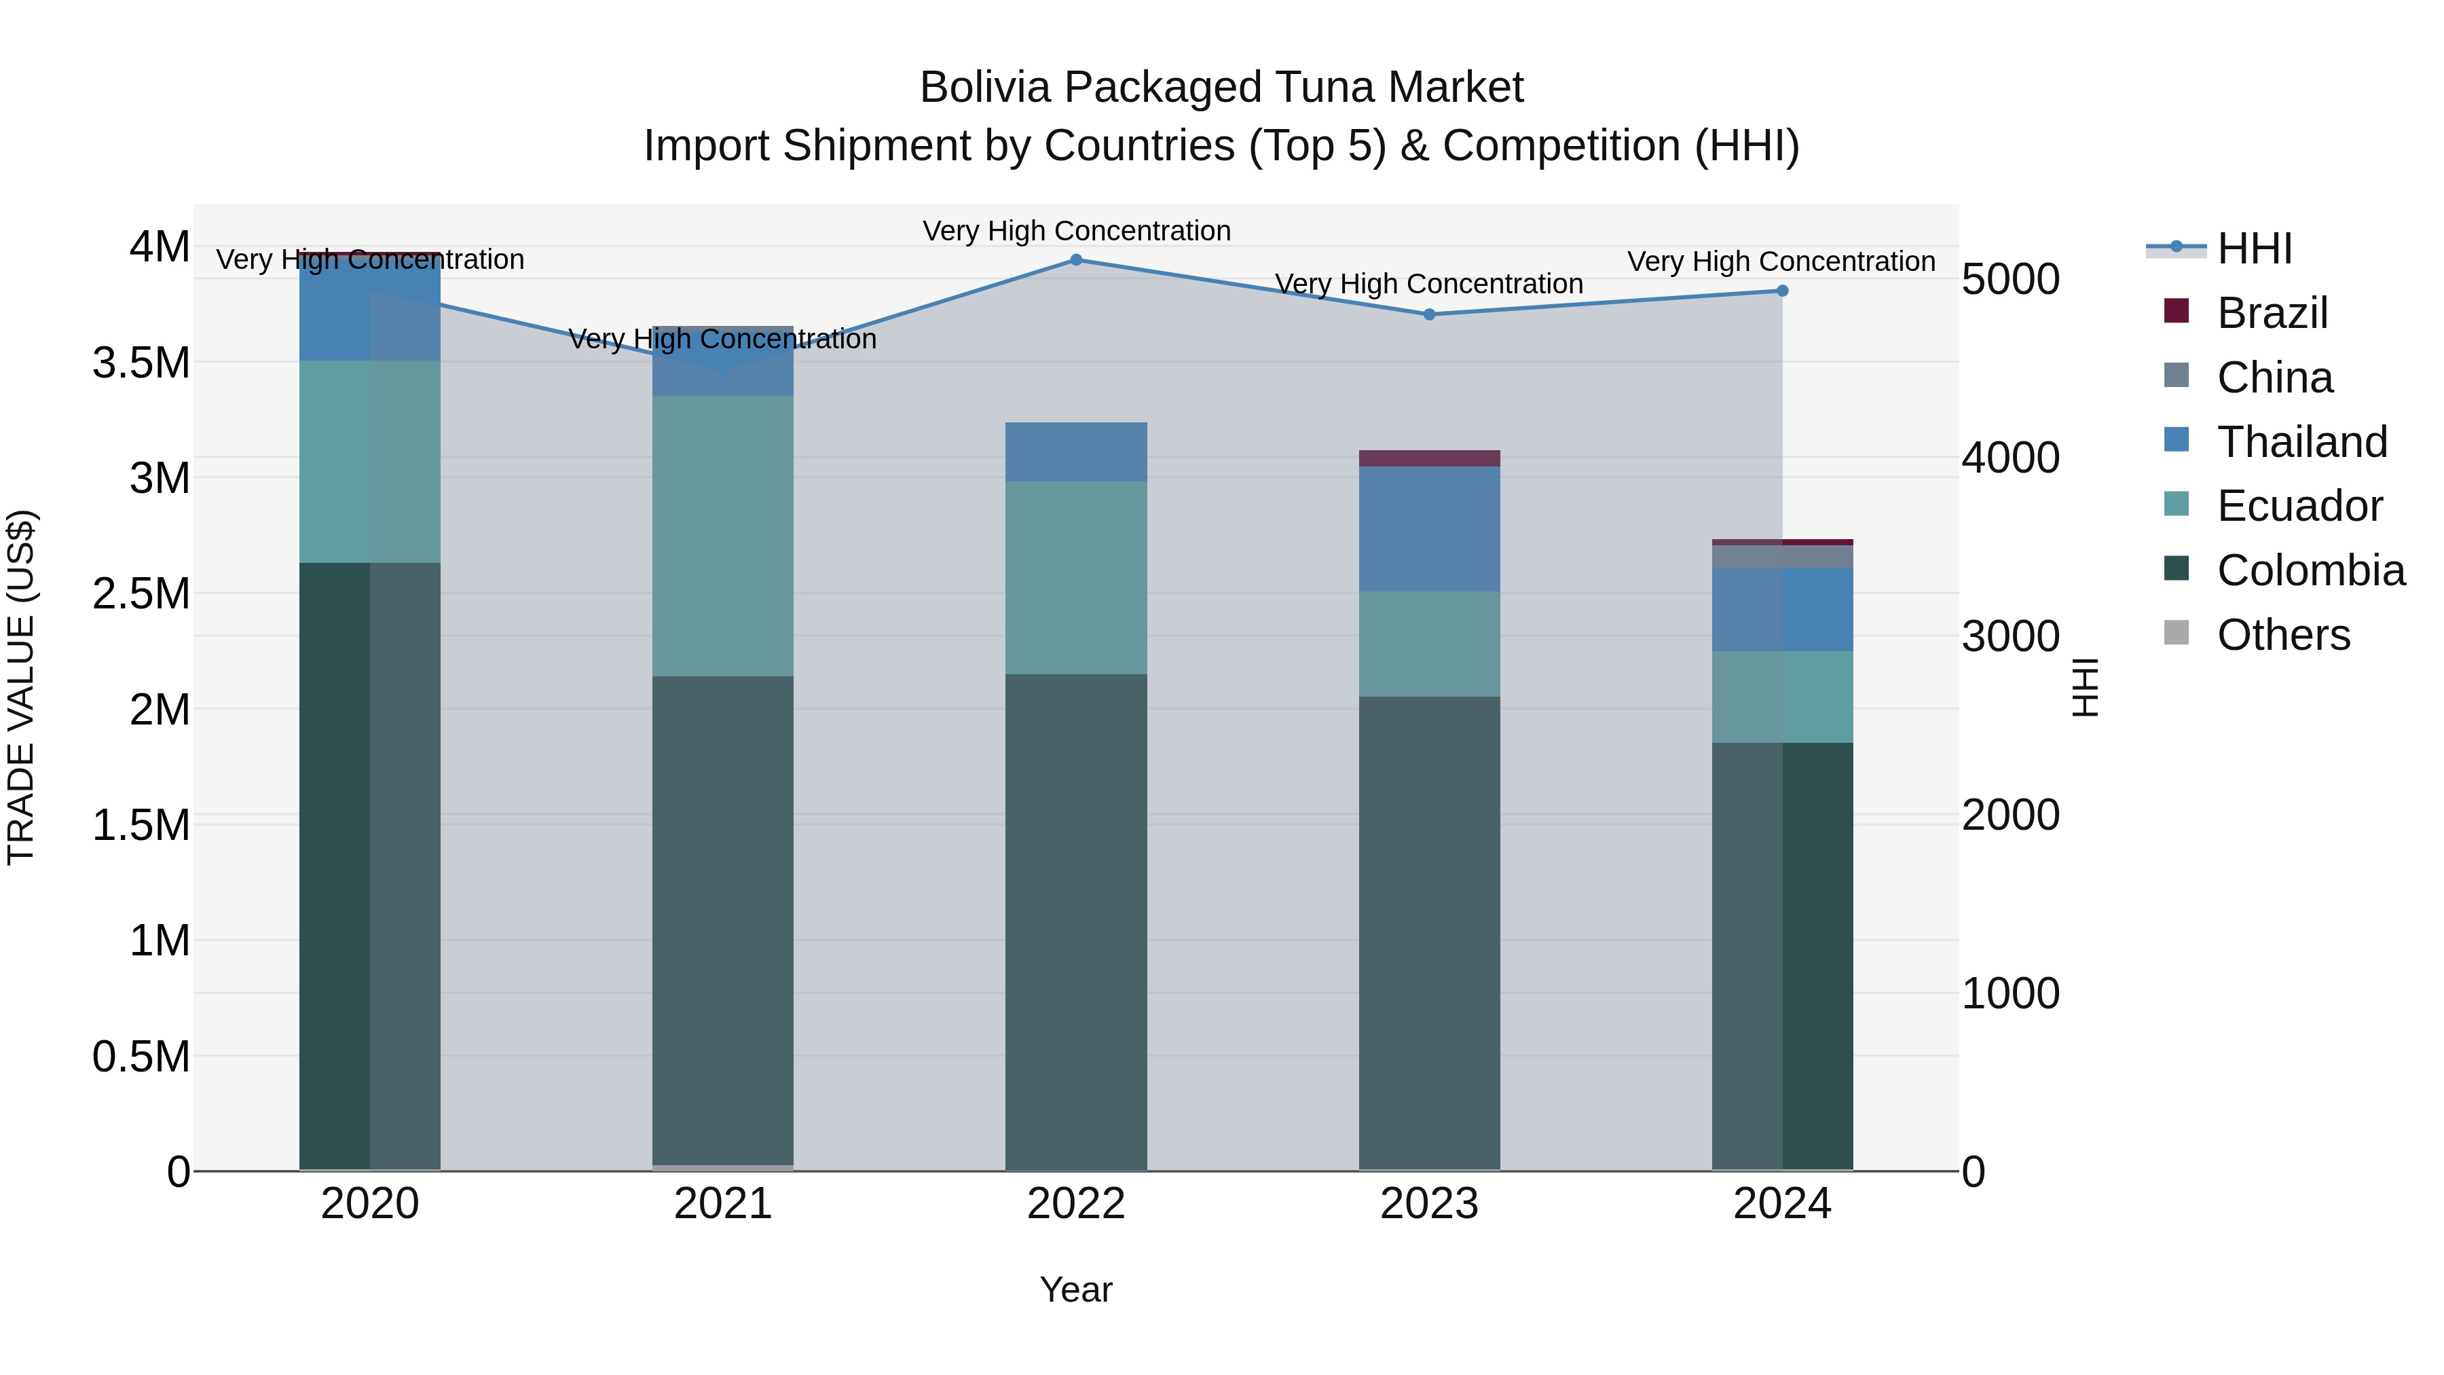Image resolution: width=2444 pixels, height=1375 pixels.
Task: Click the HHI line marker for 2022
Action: tap(1076, 260)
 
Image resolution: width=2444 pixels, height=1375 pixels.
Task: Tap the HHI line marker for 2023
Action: tap(1429, 314)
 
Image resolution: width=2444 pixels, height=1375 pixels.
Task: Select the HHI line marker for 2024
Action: tap(1782, 291)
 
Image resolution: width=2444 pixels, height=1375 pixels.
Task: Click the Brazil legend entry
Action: tap(2272, 313)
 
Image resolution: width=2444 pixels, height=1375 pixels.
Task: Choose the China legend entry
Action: tap(2274, 378)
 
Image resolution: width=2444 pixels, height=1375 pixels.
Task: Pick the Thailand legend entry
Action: tap(2301, 442)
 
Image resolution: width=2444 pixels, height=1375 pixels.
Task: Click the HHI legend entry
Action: tap(2253, 249)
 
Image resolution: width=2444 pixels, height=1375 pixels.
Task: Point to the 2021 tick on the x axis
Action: tap(723, 1204)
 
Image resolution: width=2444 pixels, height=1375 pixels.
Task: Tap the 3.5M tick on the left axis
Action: tap(141, 363)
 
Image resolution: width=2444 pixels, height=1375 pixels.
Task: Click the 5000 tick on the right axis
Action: tap(2010, 280)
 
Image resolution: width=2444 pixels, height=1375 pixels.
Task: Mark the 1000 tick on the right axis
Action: tap(2010, 993)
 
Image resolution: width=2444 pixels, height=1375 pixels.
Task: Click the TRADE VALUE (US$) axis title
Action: tap(21, 687)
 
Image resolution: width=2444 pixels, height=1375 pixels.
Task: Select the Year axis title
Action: tap(1076, 1289)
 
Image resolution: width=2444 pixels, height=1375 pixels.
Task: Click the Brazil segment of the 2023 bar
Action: tap(1429, 458)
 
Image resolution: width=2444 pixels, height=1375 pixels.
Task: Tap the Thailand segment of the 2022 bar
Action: tap(1076, 452)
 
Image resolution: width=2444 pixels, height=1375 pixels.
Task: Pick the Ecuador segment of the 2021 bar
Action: tap(723, 536)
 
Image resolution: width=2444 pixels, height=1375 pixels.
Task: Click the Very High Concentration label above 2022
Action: tap(1076, 231)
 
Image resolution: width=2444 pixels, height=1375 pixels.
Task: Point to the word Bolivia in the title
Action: tap(986, 88)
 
